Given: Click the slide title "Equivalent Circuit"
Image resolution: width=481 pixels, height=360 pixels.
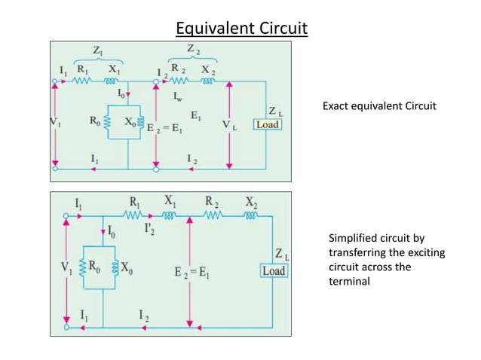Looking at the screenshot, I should [x=241, y=29].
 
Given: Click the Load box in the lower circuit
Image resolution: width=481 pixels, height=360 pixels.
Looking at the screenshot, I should [x=273, y=270].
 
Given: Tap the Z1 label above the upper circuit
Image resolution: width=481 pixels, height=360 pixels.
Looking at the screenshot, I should [x=99, y=50].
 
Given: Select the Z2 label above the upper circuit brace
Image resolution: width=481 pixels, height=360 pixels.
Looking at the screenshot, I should [x=195, y=50].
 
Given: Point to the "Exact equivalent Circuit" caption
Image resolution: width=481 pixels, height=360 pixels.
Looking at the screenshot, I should [x=379, y=105].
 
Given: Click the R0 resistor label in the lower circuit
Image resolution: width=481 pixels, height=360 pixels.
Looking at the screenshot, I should [x=94, y=265].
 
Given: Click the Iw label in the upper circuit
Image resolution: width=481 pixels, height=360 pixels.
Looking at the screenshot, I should [x=180, y=96].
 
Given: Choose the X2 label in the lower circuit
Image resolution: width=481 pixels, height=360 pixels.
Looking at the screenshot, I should [x=250, y=202].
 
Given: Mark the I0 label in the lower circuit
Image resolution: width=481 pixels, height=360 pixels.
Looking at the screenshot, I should [x=112, y=230].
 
